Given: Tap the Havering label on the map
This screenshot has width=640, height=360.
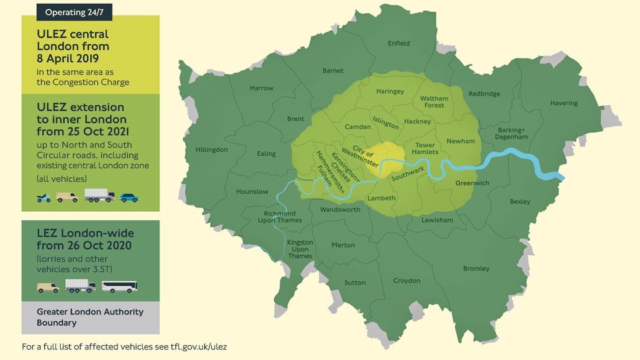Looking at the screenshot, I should (x=564, y=103).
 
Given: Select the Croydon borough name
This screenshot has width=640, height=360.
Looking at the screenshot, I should (x=407, y=281).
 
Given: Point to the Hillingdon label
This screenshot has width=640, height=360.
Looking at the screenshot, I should (x=211, y=150).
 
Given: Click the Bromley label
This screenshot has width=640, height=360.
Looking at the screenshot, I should (x=476, y=268).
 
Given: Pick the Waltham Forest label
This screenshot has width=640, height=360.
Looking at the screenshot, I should (x=434, y=102).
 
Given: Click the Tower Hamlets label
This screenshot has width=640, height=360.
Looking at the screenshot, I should (x=425, y=148).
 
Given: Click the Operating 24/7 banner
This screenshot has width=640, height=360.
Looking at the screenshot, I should (x=74, y=12).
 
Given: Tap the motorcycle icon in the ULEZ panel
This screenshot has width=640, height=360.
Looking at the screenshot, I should (x=43, y=198).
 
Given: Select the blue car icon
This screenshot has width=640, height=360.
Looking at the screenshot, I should (x=129, y=198).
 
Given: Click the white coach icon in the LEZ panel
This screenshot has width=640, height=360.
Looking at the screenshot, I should (x=119, y=287).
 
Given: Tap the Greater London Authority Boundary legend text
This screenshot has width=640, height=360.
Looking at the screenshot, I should (x=90, y=317).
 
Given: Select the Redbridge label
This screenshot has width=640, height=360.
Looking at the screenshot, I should (x=484, y=94).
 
